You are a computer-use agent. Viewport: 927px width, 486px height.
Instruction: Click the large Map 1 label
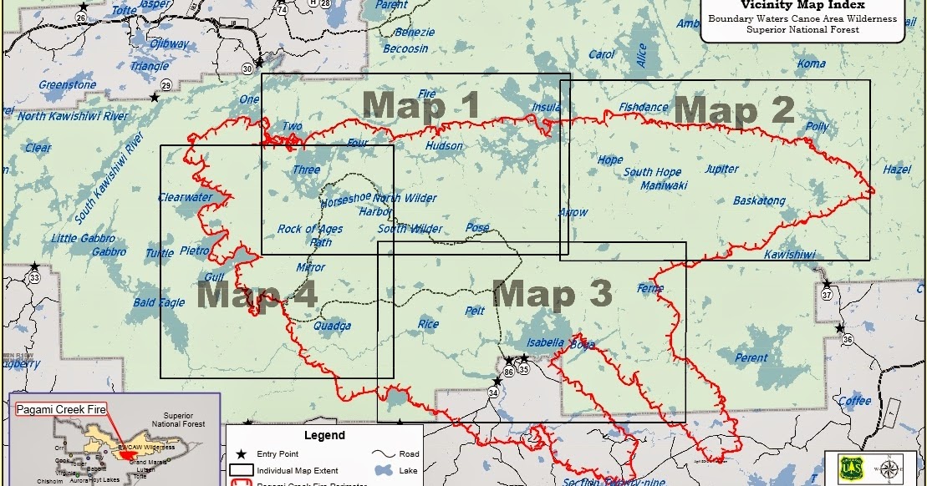pyautogui.click(x=421, y=106)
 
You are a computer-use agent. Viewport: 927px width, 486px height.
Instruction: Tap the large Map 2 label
pyautogui.click(x=734, y=111)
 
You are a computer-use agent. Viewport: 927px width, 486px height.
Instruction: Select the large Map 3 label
pyautogui.click(x=553, y=294)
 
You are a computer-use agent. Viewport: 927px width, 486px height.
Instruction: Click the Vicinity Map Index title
pyautogui.click(x=802, y=4)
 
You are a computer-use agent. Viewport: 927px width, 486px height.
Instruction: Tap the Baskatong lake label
pyautogui.click(x=759, y=201)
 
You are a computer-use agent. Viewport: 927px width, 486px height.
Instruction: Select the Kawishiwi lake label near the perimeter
pyautogui.click(x=789, y=255)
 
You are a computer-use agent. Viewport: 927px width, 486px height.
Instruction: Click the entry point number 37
pyautogui.click(x=826, y=295)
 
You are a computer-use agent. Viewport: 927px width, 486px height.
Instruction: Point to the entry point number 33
pyautogui.click(x=34, y=276)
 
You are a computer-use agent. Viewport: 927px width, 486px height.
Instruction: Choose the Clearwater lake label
pyautogui.click(x=185, y=198)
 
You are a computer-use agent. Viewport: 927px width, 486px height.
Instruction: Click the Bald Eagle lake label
pyautogui.click(x=159, y=302)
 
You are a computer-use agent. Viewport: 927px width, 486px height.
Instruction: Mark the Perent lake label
pyautogui.click(x=751, y=358)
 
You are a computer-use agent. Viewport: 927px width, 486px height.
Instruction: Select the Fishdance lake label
pyautogui.click(x=643, y=107)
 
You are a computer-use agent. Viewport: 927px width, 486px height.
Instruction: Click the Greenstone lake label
pyautogui.click(x=67, y=85)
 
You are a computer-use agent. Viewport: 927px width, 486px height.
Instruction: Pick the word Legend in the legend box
pyautogui.click(x=323, y=435)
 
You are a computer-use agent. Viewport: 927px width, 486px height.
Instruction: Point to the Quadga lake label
pyautogui.click(x=332, y=327)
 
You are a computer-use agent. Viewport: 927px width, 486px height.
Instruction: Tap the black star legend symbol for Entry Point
pyautogui.click(x=241, y=454)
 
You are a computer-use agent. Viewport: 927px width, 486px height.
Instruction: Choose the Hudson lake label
pyautogui.click(x=444, y=146)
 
